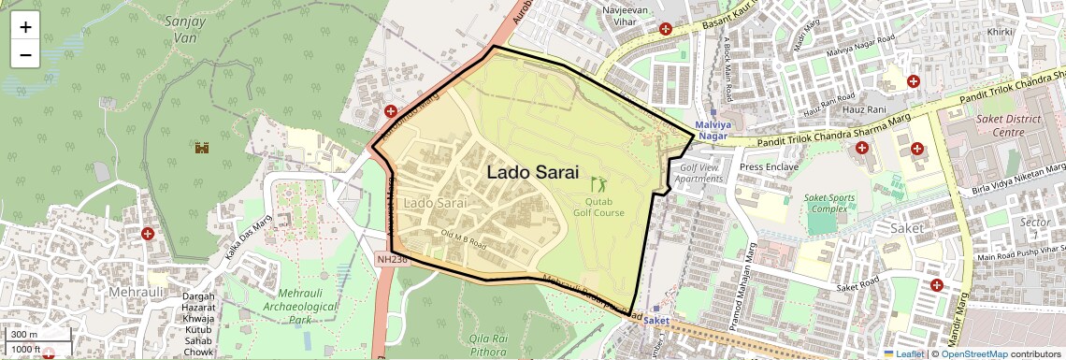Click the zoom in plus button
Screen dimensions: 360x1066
[25, 26]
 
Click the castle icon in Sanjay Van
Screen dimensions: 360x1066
[200, 147]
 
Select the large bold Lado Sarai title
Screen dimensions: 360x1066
[533, 173]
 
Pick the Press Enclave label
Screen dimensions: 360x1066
[769, 167]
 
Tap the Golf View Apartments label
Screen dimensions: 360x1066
[699, 173]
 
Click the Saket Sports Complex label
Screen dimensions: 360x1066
[829, 205]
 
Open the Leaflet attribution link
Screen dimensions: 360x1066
[905, 353]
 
